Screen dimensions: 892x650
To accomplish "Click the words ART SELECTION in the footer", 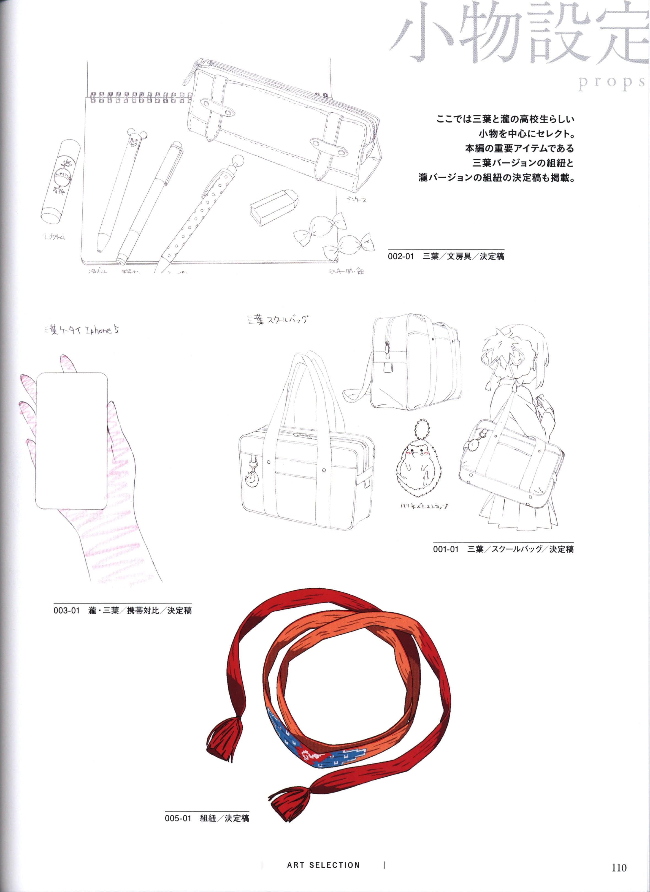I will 323,865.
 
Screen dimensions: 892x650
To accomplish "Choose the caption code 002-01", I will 401,256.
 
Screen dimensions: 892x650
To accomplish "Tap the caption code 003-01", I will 66,611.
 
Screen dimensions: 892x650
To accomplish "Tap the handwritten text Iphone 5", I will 102,330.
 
